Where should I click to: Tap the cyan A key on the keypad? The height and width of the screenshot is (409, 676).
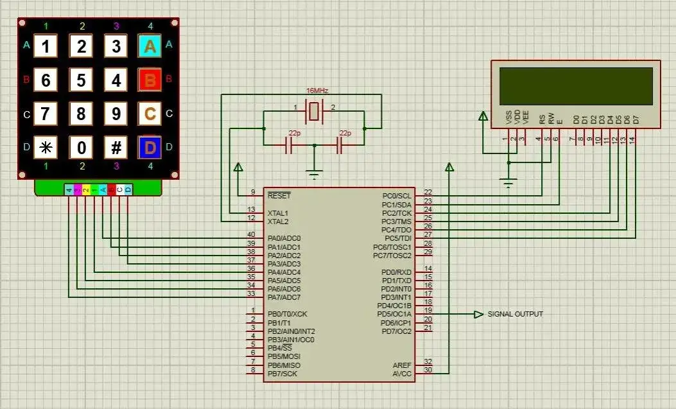[150, 46]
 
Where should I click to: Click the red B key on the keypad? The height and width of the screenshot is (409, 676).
[150, 80]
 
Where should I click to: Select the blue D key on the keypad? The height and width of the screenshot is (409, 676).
[150, 148]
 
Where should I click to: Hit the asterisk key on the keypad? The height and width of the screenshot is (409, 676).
[46, 148]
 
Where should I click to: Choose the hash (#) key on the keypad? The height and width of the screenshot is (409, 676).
[116, 148]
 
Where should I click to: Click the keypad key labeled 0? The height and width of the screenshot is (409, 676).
[81, 148]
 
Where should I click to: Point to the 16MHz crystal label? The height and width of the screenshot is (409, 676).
[318, 91]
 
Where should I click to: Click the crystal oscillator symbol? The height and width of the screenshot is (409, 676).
[313, 112]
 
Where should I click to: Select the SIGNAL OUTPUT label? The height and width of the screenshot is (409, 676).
[515, 314]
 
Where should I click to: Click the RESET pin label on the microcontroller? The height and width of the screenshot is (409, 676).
[279, 195]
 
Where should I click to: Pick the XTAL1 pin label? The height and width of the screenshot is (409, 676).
[278, 213]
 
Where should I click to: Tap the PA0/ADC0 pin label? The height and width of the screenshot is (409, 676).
[284, 238]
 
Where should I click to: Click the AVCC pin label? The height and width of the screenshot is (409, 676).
[402, 373]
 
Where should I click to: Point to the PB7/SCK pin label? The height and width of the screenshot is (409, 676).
[282, 374]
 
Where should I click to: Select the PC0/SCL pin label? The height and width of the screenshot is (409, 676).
[396, 196]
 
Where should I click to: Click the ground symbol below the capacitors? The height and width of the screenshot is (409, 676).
[314, 172]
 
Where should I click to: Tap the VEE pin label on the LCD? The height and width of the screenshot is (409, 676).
[526, 117]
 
